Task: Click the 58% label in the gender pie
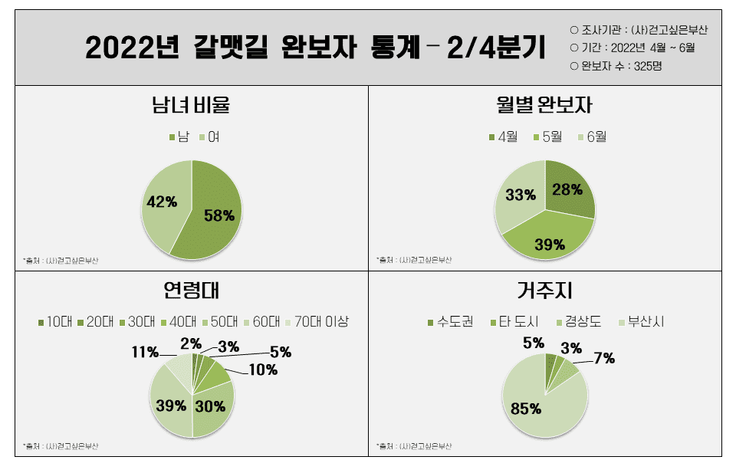[219, 215]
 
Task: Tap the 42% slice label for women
[162, 202]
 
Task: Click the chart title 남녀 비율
[192, 104]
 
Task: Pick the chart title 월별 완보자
[544, 104]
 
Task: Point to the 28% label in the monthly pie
[567, 189]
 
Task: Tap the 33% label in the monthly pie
[521, 195]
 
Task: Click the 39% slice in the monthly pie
[549, 244]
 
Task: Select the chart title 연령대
[192, 291]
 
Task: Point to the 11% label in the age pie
[145, 352]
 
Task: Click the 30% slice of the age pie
[209, 406]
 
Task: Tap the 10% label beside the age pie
[263, 370]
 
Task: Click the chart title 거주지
[544, 291]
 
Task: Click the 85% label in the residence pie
[526, 409]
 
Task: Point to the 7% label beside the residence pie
[604, 357]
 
